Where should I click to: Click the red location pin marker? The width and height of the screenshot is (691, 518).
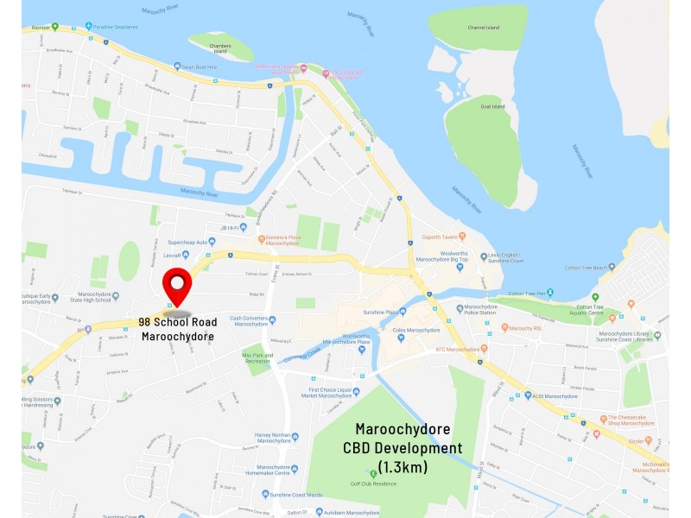pyautogui.click(x=178, y=286)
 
